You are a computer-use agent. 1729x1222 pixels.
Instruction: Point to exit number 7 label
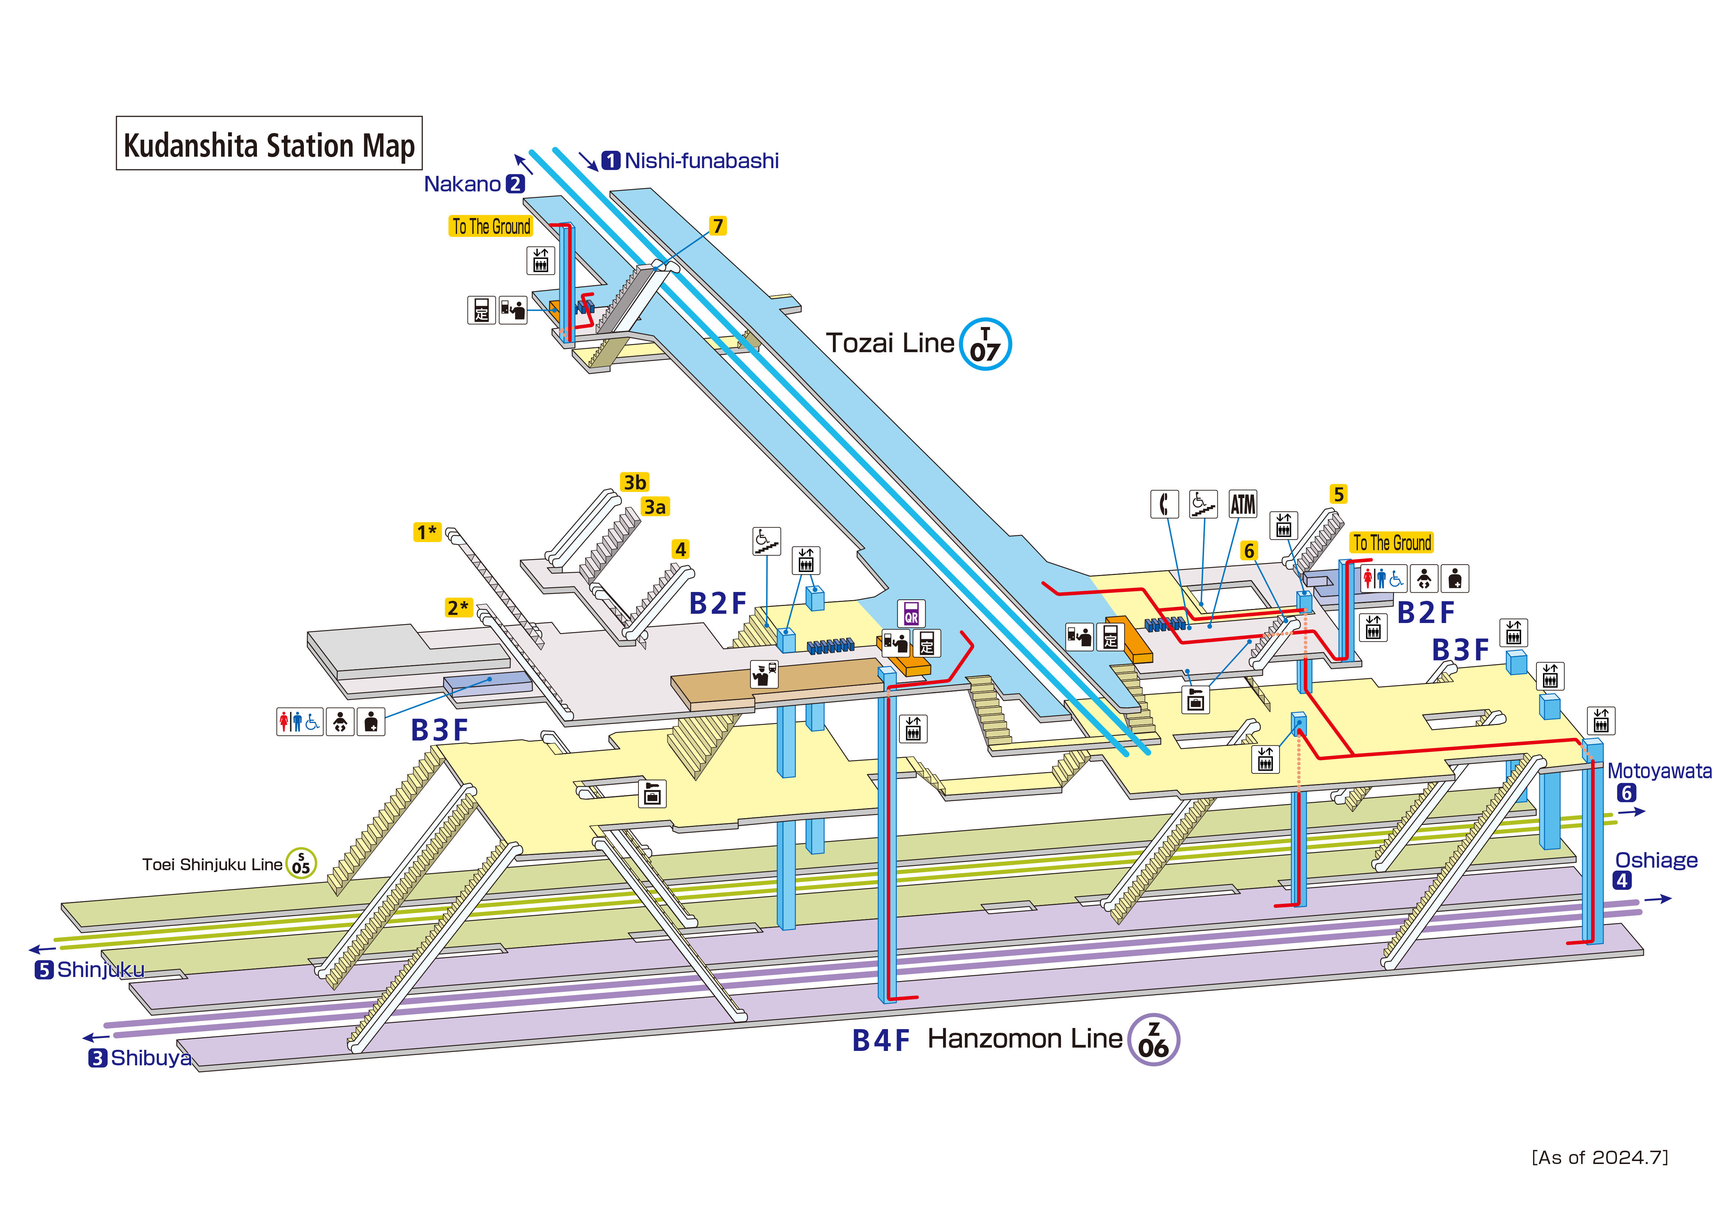point(718,226)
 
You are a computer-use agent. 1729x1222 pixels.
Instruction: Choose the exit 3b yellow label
point(634,482)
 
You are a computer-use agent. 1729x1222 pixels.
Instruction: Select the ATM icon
point(1242,504)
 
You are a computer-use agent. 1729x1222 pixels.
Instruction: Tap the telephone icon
point(1164,504)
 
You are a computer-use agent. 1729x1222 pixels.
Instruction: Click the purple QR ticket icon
point(911,614)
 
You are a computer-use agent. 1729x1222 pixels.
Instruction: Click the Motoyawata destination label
point(1659,771)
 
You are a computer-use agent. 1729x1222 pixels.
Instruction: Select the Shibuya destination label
point(150,1058)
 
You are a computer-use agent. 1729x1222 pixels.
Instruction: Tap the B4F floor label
point(880,1041)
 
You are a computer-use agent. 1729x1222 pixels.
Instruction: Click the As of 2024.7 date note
point(1600,1157)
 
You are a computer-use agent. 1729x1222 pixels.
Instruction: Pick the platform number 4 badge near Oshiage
point(1621,880)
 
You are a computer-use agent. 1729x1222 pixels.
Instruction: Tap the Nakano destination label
point(462,184)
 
